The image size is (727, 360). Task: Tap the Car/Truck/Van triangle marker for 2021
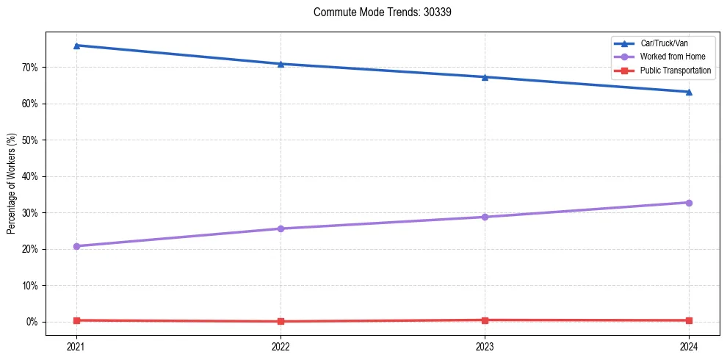[x=76, y=46]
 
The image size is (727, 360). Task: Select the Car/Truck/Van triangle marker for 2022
[x=281, y=64]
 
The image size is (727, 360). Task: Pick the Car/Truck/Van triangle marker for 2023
[x=485, y=77]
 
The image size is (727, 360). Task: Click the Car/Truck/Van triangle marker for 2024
[x=689, y=92]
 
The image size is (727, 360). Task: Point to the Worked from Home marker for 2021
[x=76, y=246]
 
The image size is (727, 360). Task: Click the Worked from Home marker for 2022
[x=281, y=228]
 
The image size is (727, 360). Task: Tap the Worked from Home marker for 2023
[x=485, y=217]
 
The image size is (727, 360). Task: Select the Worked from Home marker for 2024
[x=689, y=203]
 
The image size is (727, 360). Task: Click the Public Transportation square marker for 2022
[x=281, y=321]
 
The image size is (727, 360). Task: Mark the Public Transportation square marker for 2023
[x=485, y=320]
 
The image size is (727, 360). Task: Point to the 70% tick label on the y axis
[x=30, y=68]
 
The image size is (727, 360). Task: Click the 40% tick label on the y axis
[x=30, y=176]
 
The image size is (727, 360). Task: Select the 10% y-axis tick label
[x=30, y=285]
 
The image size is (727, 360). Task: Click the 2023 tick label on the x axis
[x=485, y=345]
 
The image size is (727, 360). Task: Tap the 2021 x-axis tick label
[x=76, y=345]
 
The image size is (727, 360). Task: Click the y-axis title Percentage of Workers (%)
[x=12, y=184]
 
